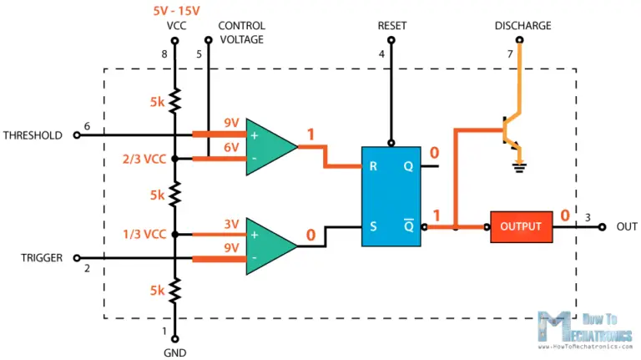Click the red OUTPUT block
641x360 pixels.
(520, 226)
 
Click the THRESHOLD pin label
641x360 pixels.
(33, 134)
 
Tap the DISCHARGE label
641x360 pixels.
(522, 26)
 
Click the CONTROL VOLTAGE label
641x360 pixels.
(242, 32)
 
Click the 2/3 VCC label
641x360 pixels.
(144, 159)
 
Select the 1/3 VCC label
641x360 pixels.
(144, 234)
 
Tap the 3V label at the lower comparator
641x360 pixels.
(230, 224)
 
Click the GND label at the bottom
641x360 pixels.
(175, 352)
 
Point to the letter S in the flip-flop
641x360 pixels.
(373, 226)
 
